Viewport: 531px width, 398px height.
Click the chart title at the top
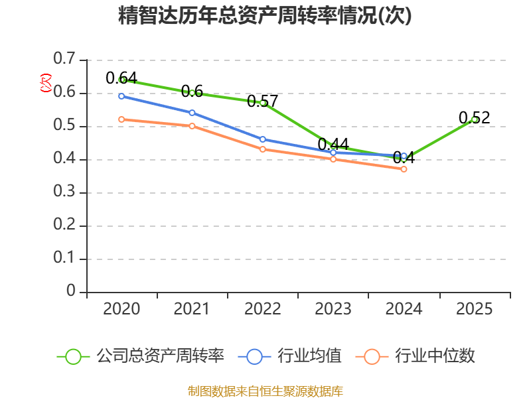(x=265, y=16)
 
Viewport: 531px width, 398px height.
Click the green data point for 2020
(x=122, y=80)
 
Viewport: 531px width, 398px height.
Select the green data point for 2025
(x=474, y=119)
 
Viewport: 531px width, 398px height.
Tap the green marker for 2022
(x=263, y=103)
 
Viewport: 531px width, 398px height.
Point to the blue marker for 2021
(x=192, y=113)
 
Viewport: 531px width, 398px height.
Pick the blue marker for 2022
(x=263, y=139)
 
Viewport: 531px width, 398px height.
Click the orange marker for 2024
(x=404, y=169)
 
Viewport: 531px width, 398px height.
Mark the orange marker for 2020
(x=122, y=119)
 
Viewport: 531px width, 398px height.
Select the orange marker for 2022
(x=263, y=149)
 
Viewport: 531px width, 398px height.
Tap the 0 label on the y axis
(x=71, y=292)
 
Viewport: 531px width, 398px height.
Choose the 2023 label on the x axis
(x=333, y=309)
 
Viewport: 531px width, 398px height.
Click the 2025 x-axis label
(x=474, y=309)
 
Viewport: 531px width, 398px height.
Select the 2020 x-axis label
(x=122, y=309)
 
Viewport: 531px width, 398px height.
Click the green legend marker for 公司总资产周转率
(x=73, y=356)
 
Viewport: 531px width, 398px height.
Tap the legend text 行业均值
(x=309, y=356)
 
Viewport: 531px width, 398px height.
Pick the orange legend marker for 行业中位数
(x=372, y=356)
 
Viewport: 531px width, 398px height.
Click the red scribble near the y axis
(x=46, y=83)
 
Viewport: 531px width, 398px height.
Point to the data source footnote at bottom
(x=265, y=391)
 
